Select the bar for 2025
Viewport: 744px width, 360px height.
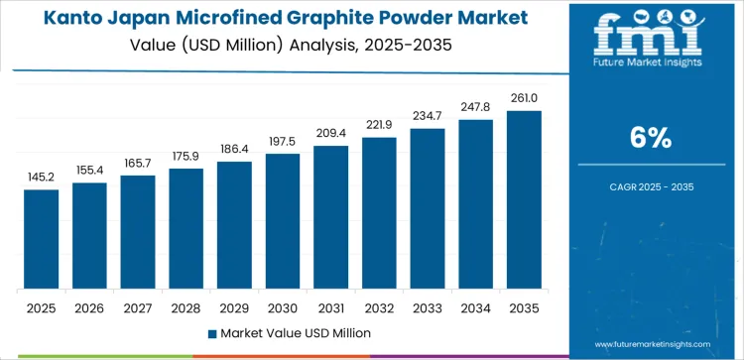42,239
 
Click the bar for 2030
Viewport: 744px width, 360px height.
283,221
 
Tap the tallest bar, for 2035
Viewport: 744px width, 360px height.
524,199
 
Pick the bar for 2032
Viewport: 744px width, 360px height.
379,212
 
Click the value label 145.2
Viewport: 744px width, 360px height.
42,177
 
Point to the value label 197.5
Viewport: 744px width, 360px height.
283,141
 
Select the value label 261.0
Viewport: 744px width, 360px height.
524,97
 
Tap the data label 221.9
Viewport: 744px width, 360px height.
379,124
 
